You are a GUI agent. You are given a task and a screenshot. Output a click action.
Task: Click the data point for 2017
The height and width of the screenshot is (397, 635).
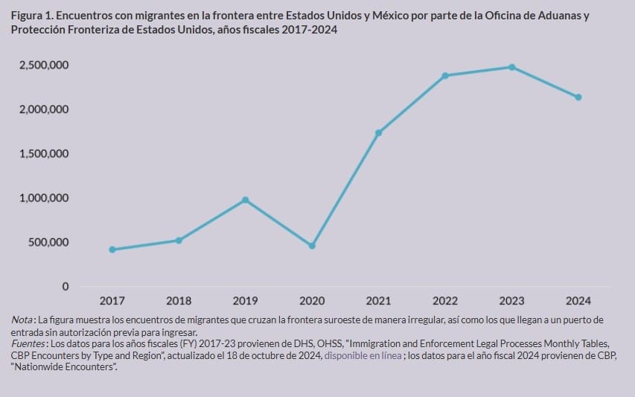(x=112, y=250)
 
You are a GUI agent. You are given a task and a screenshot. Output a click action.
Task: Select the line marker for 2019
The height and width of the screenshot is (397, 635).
(x=246, y=200)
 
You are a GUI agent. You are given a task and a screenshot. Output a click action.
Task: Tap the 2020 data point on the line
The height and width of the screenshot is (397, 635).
(x=312, y=246)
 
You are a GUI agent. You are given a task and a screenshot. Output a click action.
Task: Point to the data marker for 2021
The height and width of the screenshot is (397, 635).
(x=378, y=133)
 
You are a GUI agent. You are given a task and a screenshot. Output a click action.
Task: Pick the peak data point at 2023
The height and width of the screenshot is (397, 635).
(x=512, y=67)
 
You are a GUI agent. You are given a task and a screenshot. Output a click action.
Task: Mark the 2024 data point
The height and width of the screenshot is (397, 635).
(x=578, y=97)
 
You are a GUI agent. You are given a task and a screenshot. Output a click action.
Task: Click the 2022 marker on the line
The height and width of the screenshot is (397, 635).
(x=445, y=75)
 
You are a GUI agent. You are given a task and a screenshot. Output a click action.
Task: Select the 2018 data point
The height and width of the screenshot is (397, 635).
(x=179, y=240)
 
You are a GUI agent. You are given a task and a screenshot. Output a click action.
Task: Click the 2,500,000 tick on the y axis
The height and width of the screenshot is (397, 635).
(x=44, y=66)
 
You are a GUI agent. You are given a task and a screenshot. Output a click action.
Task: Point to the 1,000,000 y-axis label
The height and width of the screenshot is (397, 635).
(x=44, y=198)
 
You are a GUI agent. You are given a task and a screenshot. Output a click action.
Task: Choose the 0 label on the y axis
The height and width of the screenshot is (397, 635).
(x=66, y=287)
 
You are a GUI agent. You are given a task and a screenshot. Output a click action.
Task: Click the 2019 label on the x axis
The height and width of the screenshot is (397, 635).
(x=246, y=301)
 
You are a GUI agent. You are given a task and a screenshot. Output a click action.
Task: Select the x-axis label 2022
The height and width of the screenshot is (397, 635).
(x=445, y=301)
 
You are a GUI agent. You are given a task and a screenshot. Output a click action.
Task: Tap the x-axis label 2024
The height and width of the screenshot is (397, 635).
(x=578, y=301)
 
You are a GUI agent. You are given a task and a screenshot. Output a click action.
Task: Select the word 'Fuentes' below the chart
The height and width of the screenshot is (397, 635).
(x=28, y=344)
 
